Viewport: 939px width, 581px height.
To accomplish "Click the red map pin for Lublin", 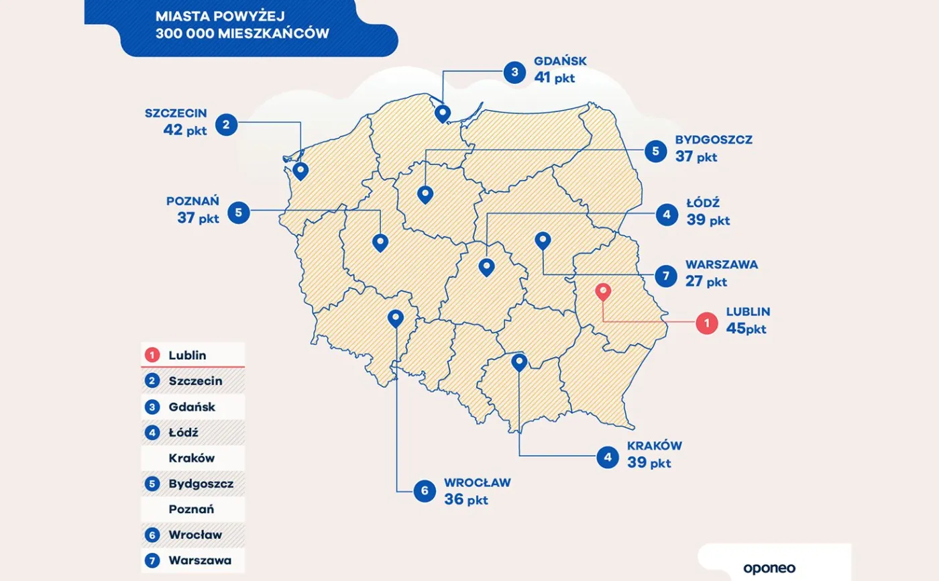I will (603, 292).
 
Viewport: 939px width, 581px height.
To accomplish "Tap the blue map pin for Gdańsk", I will (442, 113).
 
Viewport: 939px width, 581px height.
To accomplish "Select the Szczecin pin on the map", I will (300, 170).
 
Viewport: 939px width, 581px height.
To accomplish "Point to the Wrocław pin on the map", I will (396, 318).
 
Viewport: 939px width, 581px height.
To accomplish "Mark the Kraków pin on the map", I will (519, 362).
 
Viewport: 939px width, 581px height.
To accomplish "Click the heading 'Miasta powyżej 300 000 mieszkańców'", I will (242, 23).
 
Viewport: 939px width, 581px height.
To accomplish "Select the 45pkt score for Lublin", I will (745, 329).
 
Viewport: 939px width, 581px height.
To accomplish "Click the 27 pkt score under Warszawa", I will (706, 281).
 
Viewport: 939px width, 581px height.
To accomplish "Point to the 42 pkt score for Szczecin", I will (184, 130).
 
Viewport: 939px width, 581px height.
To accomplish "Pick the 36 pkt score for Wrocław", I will (466, 499).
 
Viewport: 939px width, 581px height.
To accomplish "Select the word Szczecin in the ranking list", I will (195, 380).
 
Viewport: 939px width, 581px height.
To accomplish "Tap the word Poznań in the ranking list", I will (191, 509).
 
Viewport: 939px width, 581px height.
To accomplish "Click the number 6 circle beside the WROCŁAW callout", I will (425, 491).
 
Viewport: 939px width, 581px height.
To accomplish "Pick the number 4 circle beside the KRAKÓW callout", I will (608, 458).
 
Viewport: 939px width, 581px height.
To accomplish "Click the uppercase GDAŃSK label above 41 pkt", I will (560, 61).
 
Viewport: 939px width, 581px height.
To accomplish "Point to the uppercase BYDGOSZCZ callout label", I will (714, 140).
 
